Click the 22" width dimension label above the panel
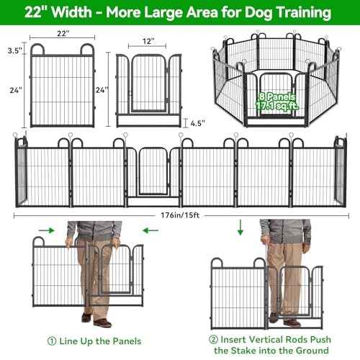tap(63, 33)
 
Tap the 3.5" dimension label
tap(15, 50)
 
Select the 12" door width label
tap(148, 41)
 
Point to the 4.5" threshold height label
tap(198, 123)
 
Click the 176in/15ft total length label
tap(180, 215)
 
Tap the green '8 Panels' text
tap(277, 96)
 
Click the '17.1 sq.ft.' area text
tap(277, 106)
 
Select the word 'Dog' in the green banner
tap(258, 12)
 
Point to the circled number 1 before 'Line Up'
tap(52, 341)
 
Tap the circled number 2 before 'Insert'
tap(213, 340)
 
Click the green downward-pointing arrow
tap(240, 228)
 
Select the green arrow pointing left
tap(150, 230)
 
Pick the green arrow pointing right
tap(47, 230)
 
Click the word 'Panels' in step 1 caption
tap(127, 341)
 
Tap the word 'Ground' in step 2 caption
tap(312, 351)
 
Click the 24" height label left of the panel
tap(16, 90)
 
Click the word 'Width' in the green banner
tap(72, 12)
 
